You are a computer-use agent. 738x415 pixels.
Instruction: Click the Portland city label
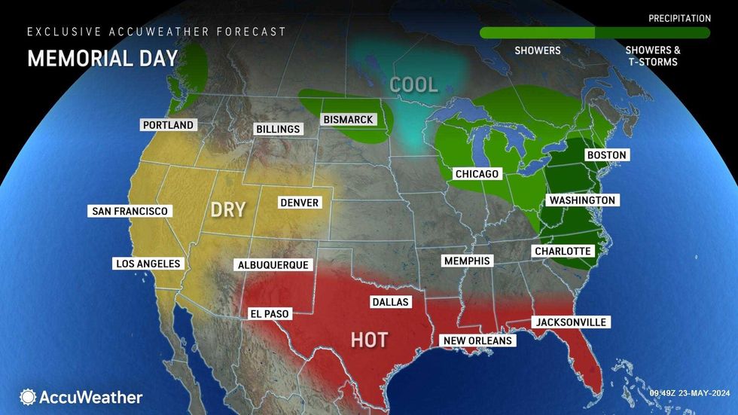[168, 125]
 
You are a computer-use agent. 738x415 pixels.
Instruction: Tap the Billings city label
[278, 130]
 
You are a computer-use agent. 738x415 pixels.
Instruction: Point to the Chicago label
[477, 174]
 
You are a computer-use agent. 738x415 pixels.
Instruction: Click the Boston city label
[606, 155]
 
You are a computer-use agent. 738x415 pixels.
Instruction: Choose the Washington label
[583, 200]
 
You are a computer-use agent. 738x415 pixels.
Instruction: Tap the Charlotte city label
[563, 251]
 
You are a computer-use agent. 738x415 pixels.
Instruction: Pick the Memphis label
[467, 261]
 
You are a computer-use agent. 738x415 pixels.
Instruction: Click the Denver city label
[300, 203]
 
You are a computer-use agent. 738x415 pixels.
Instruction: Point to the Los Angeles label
[148, 264]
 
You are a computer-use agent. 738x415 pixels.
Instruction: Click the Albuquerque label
[273, 265]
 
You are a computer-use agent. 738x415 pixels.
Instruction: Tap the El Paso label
[269, 313]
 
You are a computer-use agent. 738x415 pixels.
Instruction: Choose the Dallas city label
[390, 302]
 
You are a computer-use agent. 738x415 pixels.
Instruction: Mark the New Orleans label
[477, 340]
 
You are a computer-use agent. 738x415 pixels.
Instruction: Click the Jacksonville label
[570, 322]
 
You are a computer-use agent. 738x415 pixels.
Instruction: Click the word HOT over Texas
[369, 340]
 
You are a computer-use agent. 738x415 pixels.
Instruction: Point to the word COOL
[413, 85]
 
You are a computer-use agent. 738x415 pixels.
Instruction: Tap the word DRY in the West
[228, 209]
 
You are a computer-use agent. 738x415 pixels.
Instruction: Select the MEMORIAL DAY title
[102, 59]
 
